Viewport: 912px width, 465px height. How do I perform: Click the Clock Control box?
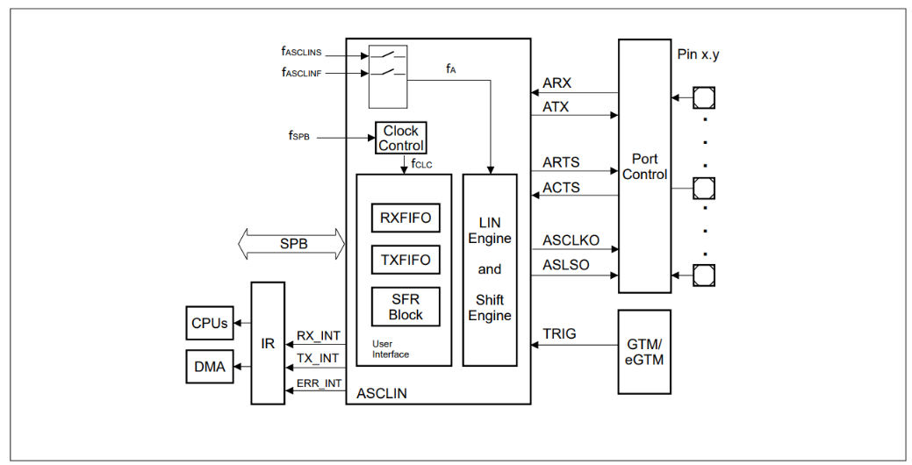click(401, 138)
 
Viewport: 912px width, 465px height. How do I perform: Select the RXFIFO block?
click(406, 218)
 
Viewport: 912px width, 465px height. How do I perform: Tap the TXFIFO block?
click(406, 260)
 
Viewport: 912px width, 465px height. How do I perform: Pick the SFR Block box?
click(406, 306)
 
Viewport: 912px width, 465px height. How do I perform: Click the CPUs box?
click(210, 323)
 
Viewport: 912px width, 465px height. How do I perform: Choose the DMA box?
click(210, 367)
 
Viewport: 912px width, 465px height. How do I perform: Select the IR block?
click(268, 343)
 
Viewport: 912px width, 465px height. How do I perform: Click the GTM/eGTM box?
click(644, 351)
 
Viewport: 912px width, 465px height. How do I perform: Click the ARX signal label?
click(557, 83)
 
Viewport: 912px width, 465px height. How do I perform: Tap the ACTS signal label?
click(561, 187)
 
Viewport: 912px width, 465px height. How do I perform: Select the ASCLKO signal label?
click(571, 240)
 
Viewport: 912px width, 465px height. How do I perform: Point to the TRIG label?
click(559, 334)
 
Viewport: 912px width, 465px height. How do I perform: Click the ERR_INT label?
click(318, 382)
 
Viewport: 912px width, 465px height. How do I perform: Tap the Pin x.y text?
click(699, 54)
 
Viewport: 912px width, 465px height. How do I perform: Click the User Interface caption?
click(391, 348)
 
